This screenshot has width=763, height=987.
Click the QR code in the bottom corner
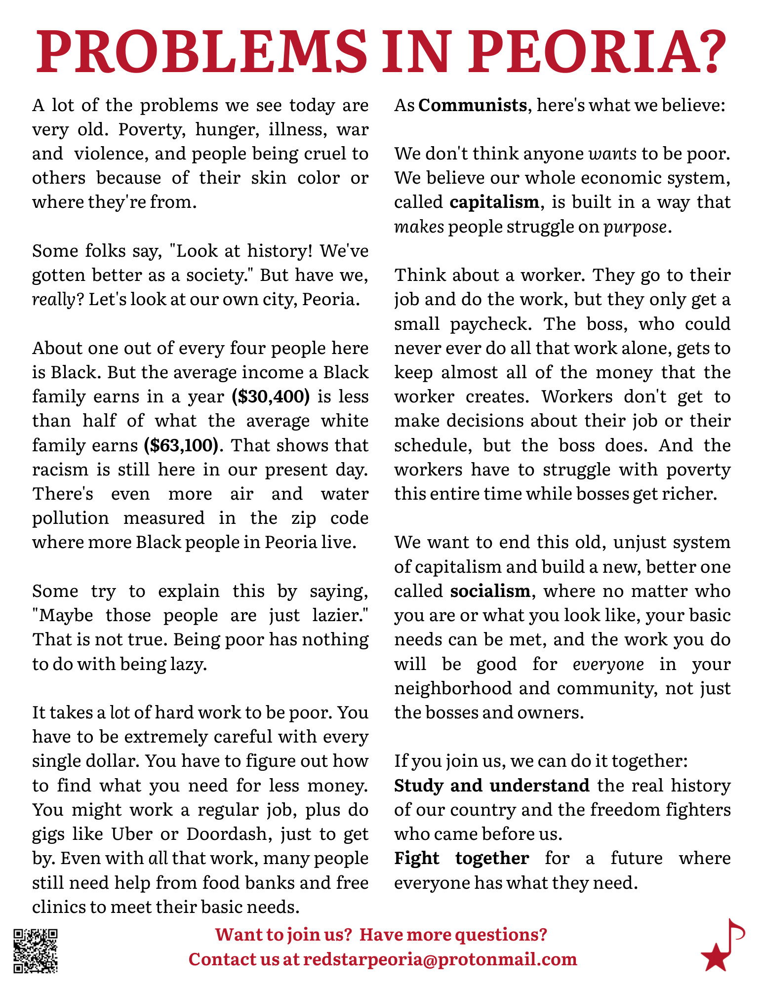click(35, 951)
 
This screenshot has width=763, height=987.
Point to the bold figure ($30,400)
click(271, 396)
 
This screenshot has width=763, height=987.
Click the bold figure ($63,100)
click(181, 445)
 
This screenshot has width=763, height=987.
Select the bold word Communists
click(473, 105)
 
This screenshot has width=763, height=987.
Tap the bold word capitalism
click(494, 202)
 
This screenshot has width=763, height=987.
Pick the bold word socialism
click(490, 591)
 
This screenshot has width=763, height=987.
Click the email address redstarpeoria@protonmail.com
click(440, 959)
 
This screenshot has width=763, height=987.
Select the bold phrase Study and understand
click(491, 785)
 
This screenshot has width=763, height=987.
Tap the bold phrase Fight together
click(461, 858)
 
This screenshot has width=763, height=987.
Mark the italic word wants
click(613, 154)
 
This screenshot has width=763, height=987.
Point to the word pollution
click(71, 518)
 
